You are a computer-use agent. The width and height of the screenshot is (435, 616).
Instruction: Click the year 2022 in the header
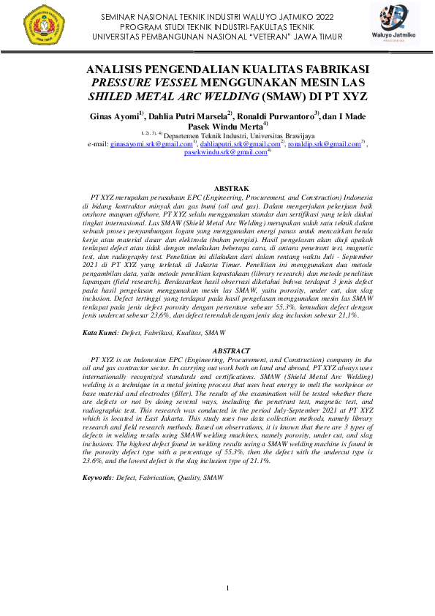click(x=323, y=15)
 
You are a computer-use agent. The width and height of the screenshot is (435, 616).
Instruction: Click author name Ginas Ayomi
click(x=113, y=116)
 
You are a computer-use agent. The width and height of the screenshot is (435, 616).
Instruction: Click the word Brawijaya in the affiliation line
click(x=298, y=136)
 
